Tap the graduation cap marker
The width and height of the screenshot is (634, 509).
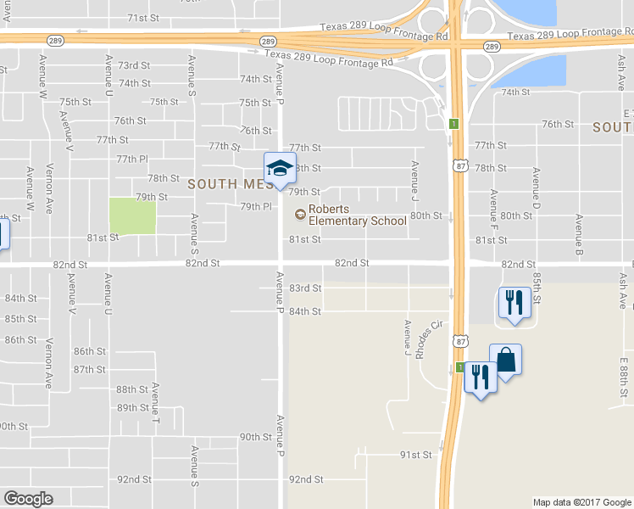pyautogui.click(x=280, y=168)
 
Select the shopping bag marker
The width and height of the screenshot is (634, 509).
pyautogui.click(x=505, y=360)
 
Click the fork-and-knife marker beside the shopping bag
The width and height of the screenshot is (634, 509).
pyautogui.click(x=481, y=377)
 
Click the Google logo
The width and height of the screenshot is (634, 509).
pyautogui.click(x=28, y=499)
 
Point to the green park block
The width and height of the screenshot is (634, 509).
pyautogui.click(x=133, y=216)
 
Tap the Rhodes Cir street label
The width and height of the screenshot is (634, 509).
pyautogui.click(x=430, y=338)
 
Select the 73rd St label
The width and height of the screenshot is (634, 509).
pyautogui.click(x=134, y=65)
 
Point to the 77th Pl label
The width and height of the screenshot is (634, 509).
pyautogui.click(x=132, y=159)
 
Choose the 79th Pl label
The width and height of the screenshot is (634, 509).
pyautogui.click(x=255, y=206)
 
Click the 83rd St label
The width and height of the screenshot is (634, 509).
pyautogui.click(x=305, y=288)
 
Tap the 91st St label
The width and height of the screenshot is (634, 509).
pyautogui.click(x=415, y=455)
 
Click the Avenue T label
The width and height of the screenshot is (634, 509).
pyautogui.click(x=156, y=400)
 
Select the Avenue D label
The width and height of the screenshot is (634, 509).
pyautogui.click(x=536, y=189)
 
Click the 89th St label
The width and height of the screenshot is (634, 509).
pyautogui.click(x=133, y=408)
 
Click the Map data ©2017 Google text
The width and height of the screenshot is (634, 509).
pyautogui.click(x=581, y=502)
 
